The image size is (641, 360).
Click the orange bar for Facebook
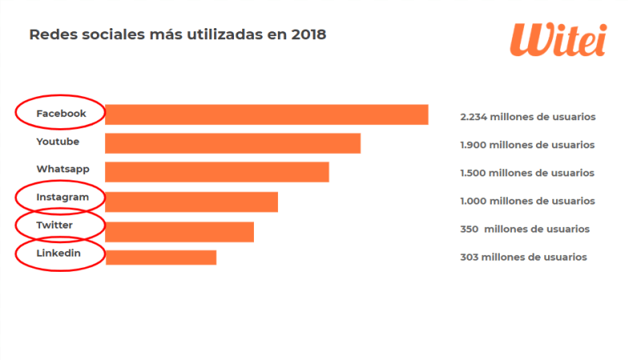[266, 115]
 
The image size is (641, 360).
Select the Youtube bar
[232, 144]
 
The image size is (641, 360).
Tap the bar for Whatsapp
[216, 172]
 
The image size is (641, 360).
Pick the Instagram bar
[191, 201]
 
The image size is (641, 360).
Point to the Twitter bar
[179, 231]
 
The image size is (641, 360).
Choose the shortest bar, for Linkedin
[161, 257]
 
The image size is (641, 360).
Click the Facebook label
[61, 114]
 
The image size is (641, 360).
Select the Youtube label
[58, 142]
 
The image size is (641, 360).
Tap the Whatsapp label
[62, 169]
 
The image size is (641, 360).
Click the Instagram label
[62, 197]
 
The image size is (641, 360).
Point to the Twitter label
[54, 225]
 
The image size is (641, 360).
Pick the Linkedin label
[58, 253]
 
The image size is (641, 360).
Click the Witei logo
[558, 38]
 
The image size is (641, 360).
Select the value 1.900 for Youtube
[474, 145]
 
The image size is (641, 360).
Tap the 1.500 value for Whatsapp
[474, 173]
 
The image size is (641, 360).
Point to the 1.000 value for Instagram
[474, 201]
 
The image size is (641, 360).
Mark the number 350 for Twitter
[470, 229]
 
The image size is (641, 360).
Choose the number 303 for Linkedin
[470, 257]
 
